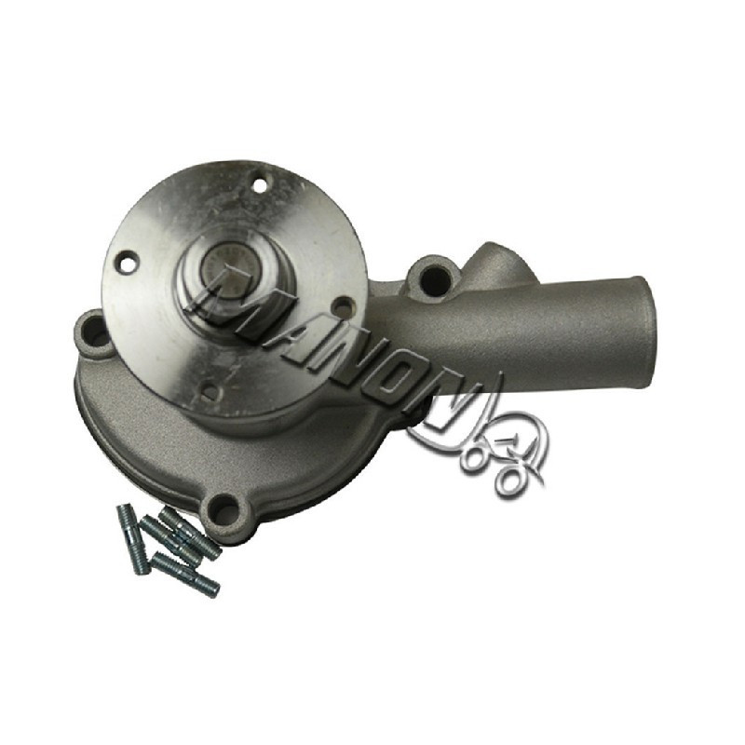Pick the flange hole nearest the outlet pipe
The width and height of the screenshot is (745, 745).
click(x=340, y=305)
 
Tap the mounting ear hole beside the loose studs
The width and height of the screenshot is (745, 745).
click(x=225, y=509)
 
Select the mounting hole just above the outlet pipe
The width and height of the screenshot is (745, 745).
click(x=434, y=277)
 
